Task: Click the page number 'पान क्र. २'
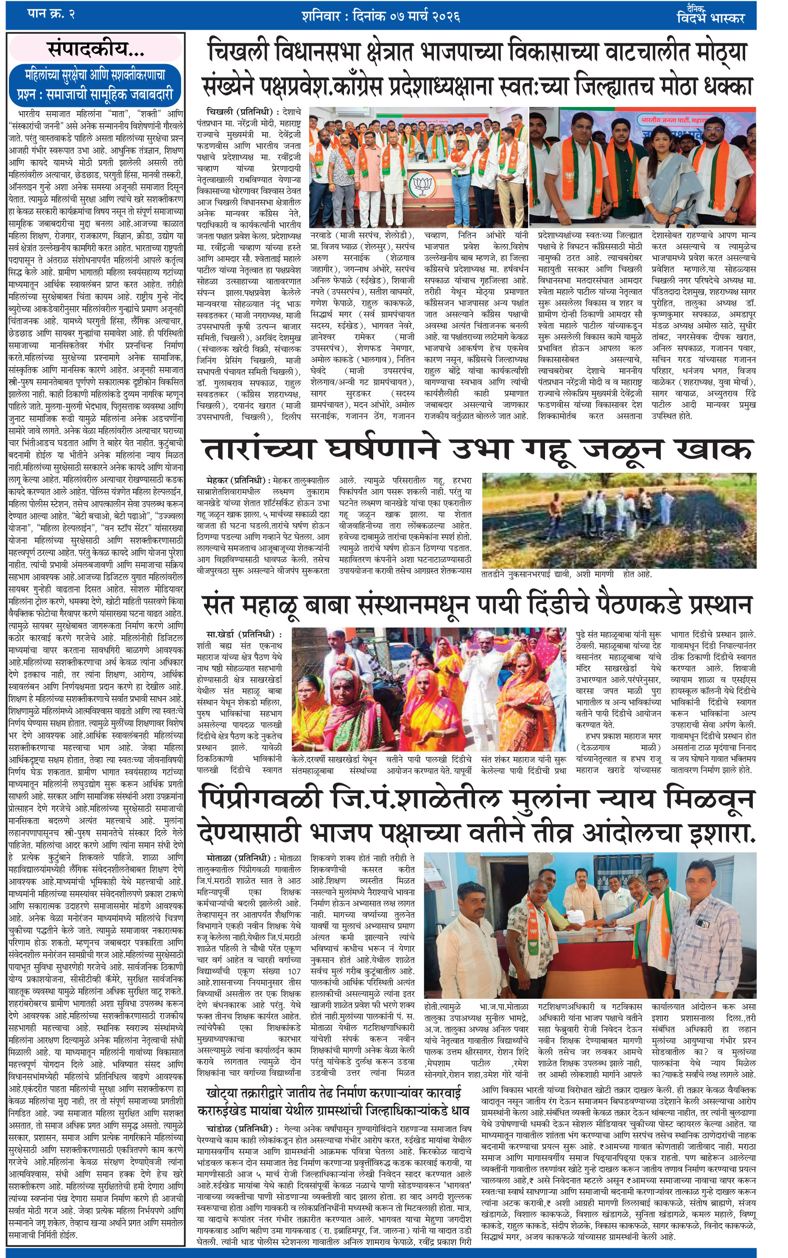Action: tap(50, 14)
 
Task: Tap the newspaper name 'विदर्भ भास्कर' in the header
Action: tap(710, 18)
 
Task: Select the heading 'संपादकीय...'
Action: tap(96, 50)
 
